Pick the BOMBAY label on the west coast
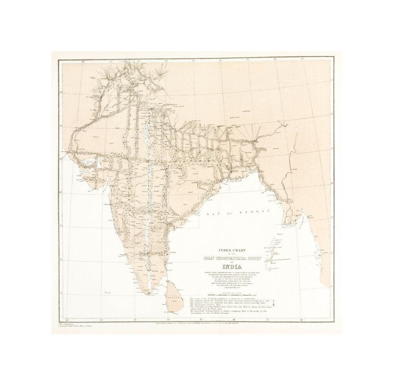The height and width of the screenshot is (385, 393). pyautogui.click(x=105, y=205)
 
